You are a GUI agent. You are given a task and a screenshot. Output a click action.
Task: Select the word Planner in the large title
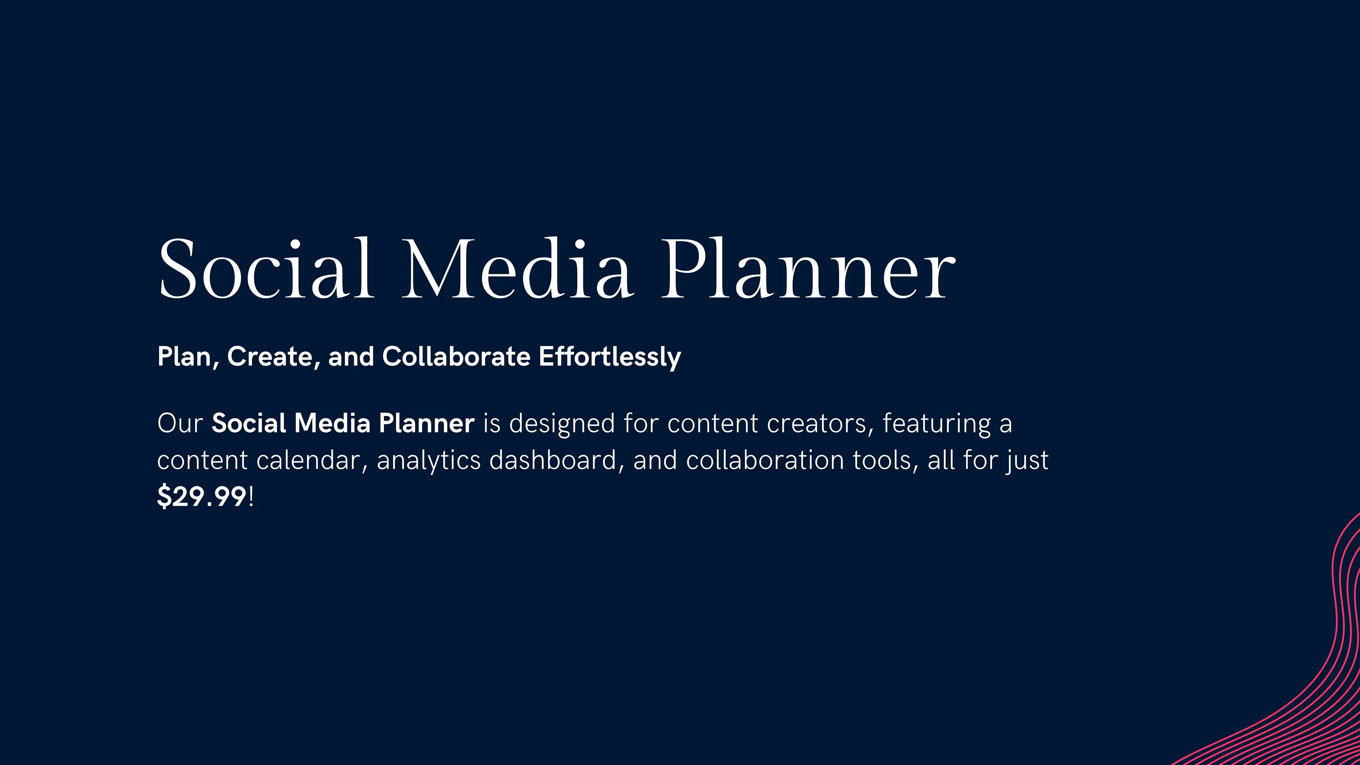point(808,268)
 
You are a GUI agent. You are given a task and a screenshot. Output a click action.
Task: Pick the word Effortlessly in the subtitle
point(610,357)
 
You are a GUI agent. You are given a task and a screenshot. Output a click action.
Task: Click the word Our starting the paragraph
point(180,424)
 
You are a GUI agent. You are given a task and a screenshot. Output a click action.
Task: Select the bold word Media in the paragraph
point(332,424)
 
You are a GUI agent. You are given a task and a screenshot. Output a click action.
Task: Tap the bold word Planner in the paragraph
point(426,424)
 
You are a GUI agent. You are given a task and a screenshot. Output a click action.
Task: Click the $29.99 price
point(202,497)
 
